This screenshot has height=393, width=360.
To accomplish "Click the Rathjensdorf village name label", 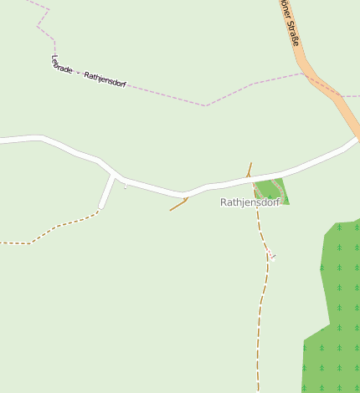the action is (250, 202).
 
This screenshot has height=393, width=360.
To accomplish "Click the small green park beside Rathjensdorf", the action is (272, 191).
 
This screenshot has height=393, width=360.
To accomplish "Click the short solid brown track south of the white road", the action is (177, 205).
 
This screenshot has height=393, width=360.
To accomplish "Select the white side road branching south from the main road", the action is (106, 192).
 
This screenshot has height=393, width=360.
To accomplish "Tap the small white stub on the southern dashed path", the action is (272, 257).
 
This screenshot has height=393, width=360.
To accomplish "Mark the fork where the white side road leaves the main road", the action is (114, 176).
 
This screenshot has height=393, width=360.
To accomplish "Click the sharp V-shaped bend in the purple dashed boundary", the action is (205, 105).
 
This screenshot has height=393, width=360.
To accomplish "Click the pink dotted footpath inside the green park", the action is (277, 186).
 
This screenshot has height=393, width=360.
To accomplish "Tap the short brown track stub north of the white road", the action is (249, 168).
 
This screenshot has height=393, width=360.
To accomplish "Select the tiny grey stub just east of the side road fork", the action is (125, 186).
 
